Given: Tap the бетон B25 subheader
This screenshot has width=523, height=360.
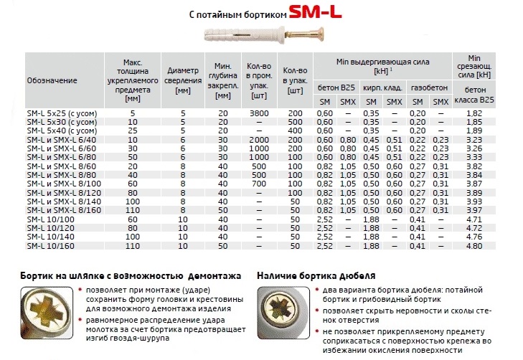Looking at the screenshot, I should (335, 86).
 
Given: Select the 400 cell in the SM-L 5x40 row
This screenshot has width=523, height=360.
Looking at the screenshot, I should (294, 131).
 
